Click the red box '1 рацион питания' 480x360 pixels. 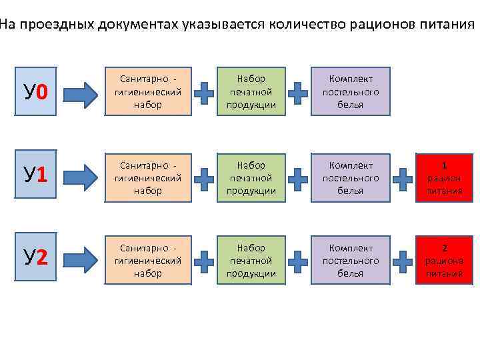[445, 177]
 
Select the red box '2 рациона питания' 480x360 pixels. [445, 260]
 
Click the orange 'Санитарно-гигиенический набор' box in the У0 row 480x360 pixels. [148, 91]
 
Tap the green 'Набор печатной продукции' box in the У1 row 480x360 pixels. [251, 177]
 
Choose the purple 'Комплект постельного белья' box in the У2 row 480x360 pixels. [351, 260]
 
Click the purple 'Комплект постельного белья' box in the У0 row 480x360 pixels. [351, 91]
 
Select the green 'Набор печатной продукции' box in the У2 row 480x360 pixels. [251, 260]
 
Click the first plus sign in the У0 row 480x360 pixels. [207, 94]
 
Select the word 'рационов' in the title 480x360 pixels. [383, 25]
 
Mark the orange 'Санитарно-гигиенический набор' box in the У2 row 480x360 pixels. [148, 260]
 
